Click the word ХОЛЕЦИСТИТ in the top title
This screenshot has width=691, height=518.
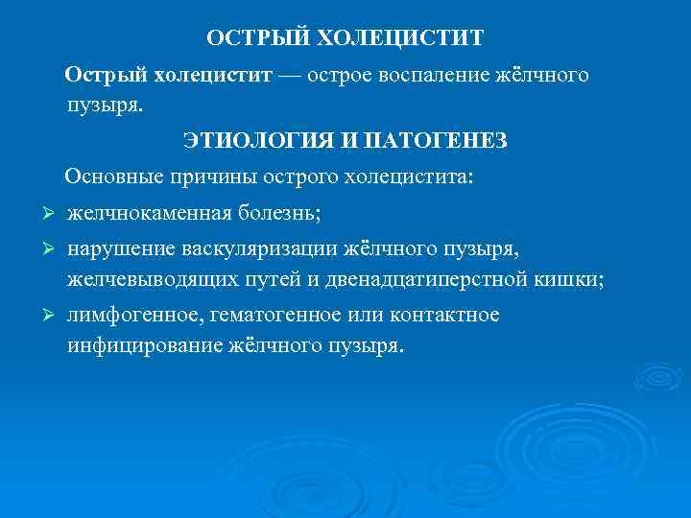400,38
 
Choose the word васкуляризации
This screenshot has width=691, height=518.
256,250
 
